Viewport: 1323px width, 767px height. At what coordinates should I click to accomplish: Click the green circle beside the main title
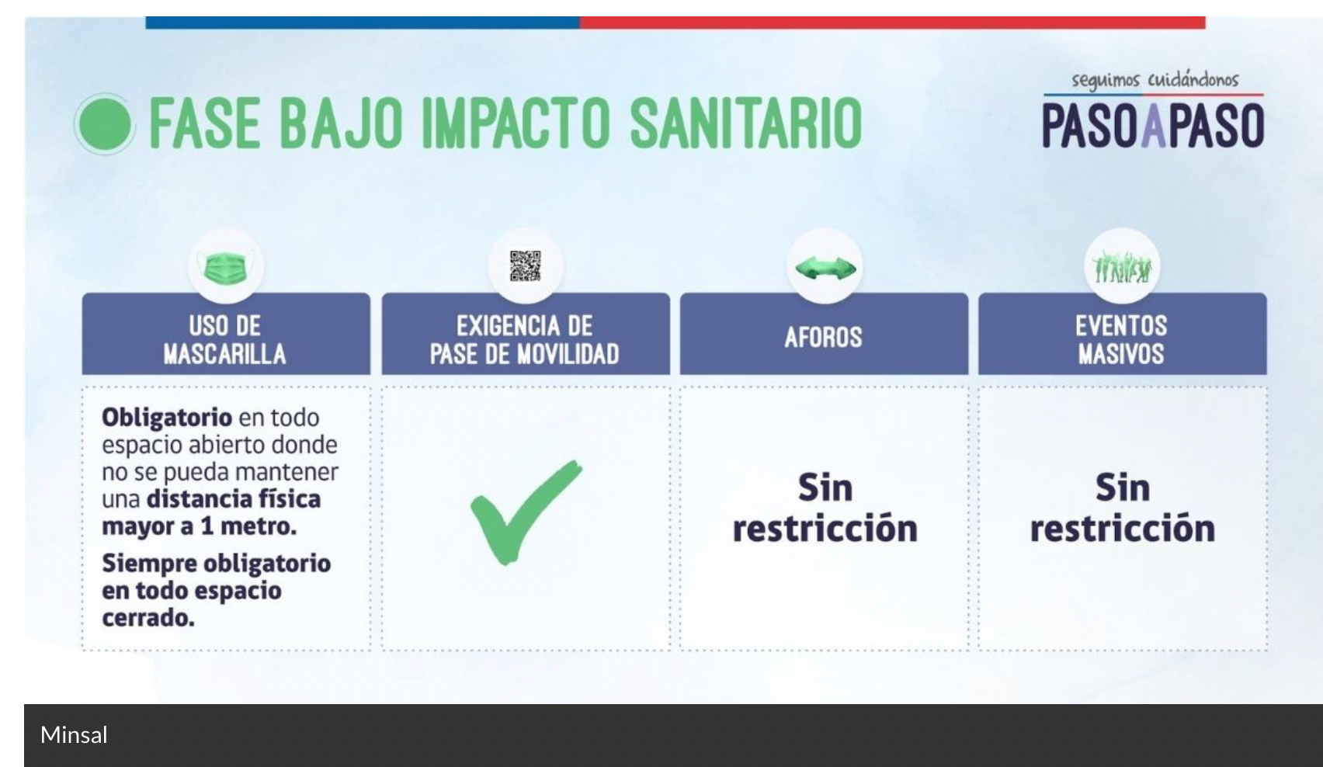coord(105,123)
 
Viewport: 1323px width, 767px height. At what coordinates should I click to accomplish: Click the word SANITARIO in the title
coord(745,123)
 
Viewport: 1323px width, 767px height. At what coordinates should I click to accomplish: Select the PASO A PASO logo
coord(1152,126)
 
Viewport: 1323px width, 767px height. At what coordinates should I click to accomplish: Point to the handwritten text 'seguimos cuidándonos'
coord(1155,80)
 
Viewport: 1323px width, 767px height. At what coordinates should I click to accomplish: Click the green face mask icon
coord(225,268)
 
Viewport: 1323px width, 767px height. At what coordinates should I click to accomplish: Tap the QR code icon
coord(525,266)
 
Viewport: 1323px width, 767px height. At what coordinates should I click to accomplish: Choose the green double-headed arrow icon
coord(825,269)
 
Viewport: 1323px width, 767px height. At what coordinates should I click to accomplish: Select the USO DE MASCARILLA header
coord(225,339)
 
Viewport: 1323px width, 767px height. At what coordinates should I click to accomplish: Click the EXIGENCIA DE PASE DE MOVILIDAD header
coord(525,339)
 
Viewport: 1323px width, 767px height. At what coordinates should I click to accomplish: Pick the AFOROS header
coord(823,337)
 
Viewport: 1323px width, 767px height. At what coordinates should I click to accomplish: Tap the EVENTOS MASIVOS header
coord(1121,339)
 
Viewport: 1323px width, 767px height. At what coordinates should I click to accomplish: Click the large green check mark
coord(525,512)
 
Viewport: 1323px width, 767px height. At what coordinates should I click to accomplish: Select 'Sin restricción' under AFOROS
coord(825,508)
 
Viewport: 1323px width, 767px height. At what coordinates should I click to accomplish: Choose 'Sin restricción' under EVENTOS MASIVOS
coord(1122,508)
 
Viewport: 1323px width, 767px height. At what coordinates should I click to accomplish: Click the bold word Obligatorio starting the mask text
coord(166,418)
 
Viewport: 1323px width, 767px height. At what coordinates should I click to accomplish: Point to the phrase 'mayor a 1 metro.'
coord(199,526)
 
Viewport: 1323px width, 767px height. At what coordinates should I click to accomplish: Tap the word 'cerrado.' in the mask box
coord(148,618)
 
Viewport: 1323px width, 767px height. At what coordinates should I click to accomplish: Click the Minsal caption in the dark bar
coord(74,735)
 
